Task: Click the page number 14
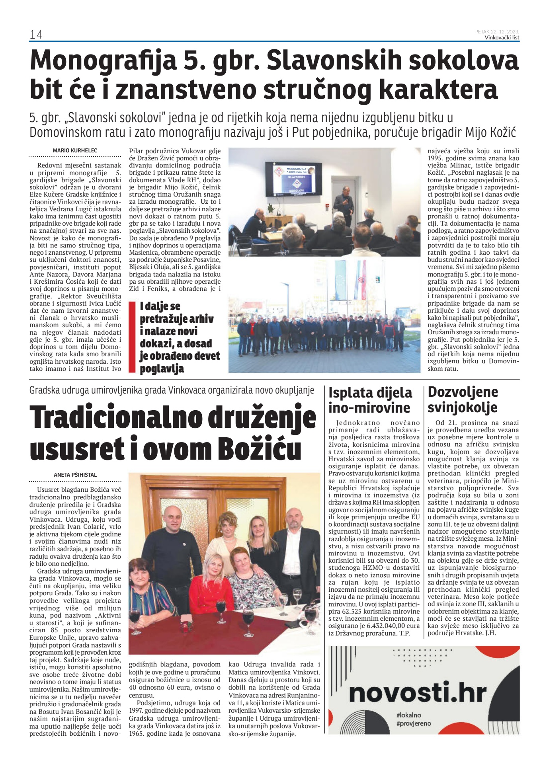35,35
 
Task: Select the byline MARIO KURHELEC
75,150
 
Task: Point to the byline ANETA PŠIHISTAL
75,475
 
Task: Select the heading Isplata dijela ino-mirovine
370,400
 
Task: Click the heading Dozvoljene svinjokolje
463,400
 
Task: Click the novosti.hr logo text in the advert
418,693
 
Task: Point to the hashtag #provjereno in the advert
413,723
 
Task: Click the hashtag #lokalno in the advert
408,715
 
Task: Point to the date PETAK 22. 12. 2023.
497,31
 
